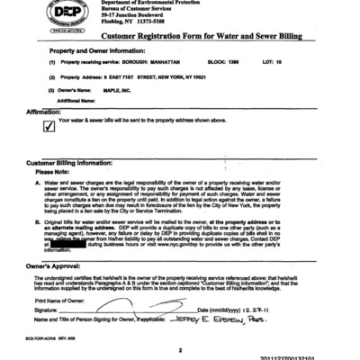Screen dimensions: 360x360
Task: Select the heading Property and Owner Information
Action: click(100, 51)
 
